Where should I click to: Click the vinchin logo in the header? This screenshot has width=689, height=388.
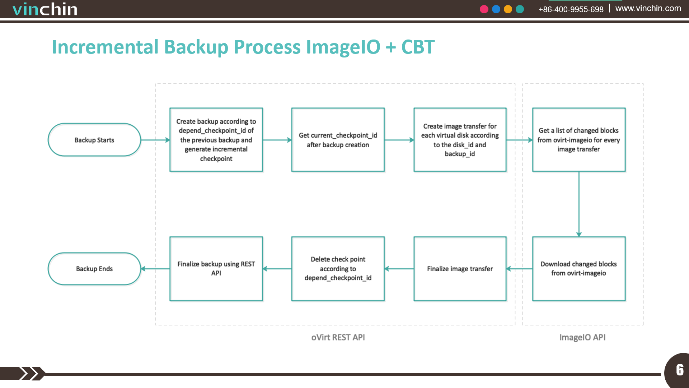(45, 9)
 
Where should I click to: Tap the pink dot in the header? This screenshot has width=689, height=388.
(484, 9)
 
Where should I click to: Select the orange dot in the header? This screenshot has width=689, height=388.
(508, 9)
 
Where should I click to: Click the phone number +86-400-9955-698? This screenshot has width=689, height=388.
(571, 9)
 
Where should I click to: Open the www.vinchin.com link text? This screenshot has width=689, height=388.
(648, 8)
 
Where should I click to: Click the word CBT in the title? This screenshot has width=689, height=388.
(418, 47)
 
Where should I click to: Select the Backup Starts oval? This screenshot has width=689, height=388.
(94, 140)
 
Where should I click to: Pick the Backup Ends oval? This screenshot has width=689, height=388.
(94, 269)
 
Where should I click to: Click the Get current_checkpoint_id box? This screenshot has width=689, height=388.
(338, 140)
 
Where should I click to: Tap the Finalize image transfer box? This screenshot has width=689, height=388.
(460, 269)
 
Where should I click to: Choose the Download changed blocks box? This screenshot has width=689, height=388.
(579, 269)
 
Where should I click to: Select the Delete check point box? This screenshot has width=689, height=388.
(338, 269)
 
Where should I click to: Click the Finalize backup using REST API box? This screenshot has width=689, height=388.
(216, 269)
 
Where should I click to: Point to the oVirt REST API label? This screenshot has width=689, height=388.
(338, 337)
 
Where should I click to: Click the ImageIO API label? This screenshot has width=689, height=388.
(582, 337)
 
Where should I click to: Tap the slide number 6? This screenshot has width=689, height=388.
(680, 370)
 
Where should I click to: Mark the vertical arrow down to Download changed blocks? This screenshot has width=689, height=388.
(579, 204)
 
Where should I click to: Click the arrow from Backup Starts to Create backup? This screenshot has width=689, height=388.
(155, 140)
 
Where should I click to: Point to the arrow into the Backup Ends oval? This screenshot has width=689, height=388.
(155, 269)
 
